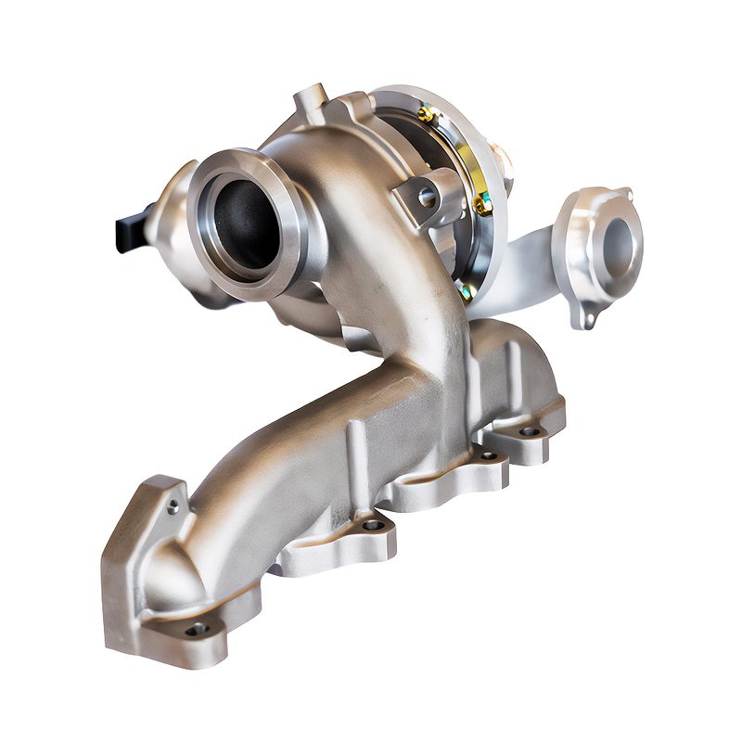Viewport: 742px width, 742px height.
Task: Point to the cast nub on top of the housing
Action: coord(311,97)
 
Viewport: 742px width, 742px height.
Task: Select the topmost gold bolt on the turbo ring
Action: coord(426,115)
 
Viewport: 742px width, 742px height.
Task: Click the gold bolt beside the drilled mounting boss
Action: coord(481,202)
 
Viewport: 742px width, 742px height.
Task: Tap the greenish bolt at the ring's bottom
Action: coord(466,291)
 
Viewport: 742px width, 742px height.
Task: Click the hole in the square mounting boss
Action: coord(426,197)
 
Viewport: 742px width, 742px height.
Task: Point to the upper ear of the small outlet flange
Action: coord(623,196)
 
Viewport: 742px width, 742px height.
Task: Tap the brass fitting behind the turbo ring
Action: coord(500,158)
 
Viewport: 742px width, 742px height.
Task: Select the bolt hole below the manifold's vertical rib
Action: coord(373,525)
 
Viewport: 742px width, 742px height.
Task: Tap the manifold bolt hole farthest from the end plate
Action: coord(530,431)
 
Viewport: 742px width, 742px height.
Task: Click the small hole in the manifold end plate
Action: coord(173,506)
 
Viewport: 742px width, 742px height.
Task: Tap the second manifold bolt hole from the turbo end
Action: coord(488,455)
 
